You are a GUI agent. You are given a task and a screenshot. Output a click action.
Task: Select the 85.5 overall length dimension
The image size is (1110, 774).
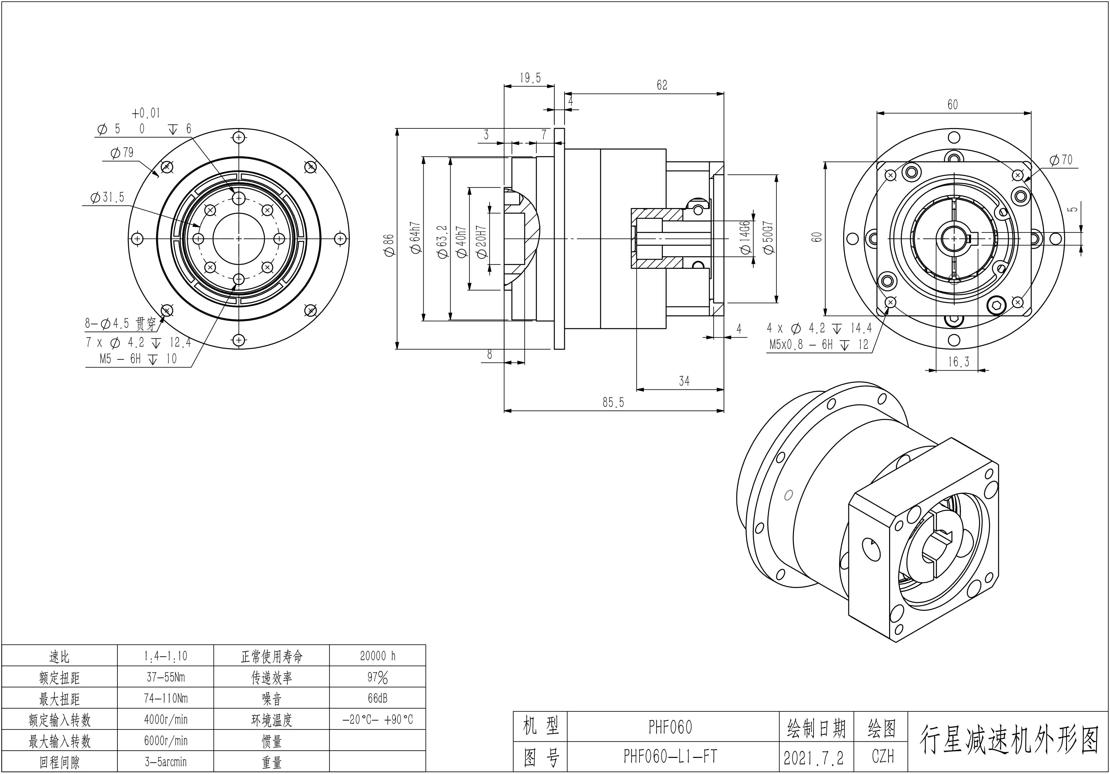tap(613, 402)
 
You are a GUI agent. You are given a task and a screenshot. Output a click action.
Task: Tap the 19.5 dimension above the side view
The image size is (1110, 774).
tap(530, 78)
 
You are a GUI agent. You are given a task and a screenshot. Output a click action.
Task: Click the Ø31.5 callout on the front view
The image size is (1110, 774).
tap(107, 197)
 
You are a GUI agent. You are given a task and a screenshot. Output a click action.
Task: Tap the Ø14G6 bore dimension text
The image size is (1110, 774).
tap(745, 237)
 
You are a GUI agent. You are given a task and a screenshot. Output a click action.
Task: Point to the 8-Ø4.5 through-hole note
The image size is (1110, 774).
tap(121, 324)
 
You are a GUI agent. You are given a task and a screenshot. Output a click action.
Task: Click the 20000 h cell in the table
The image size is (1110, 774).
tap(377, 656)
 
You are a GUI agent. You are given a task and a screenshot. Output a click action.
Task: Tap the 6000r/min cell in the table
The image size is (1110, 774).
tap(165, 741)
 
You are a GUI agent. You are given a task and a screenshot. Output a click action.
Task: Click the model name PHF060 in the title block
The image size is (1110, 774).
tap(670, 727)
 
